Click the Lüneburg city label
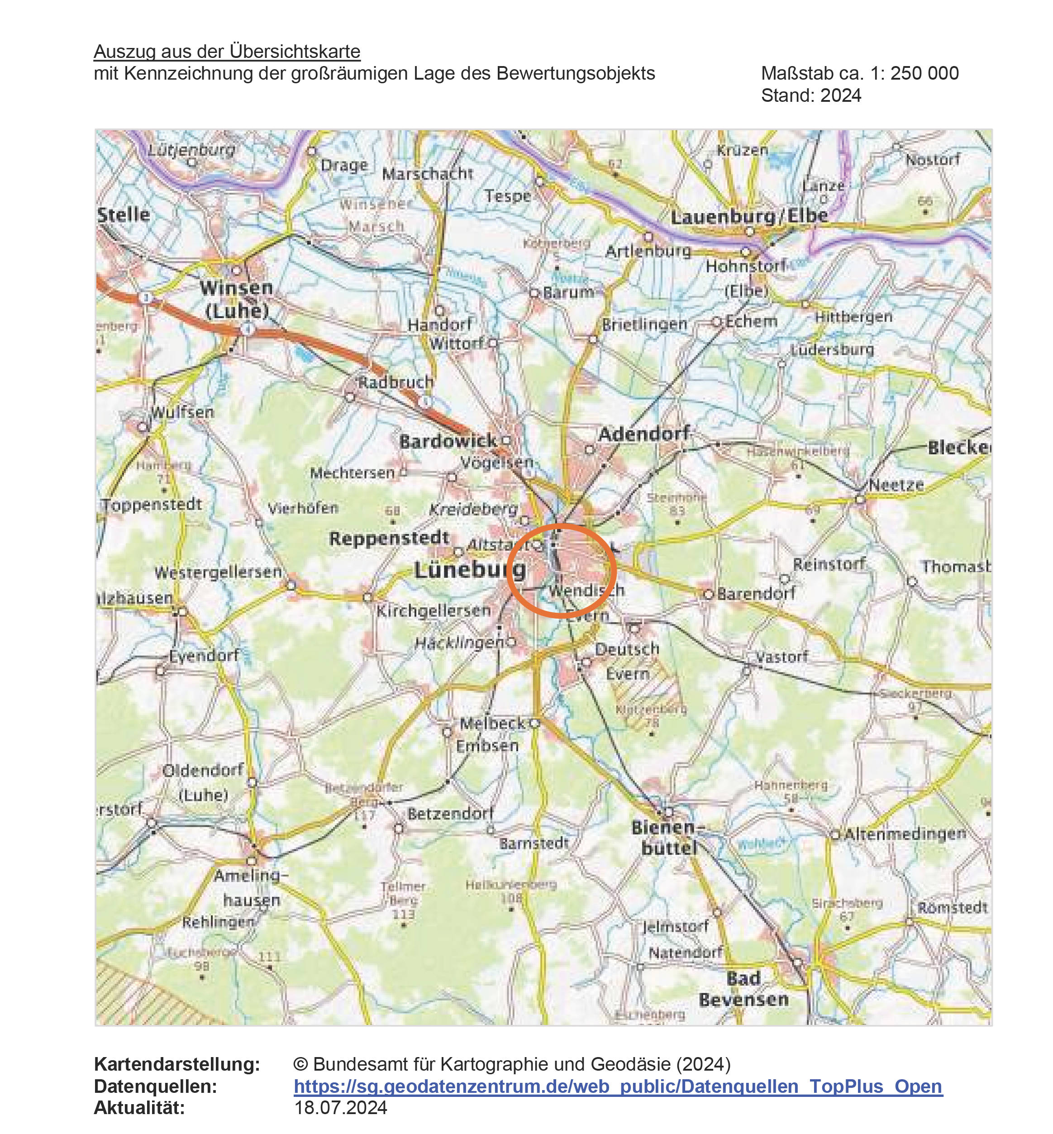pos(470,569)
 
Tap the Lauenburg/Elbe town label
pos(749,217)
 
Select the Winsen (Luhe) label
pos(236,299)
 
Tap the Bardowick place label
pos(448,441)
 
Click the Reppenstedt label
pos(389,538)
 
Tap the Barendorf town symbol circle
pos(708,594)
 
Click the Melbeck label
pos(492,723)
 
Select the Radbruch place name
pos(395,382)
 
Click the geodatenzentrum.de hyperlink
pos(618,1086)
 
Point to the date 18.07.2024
pos(340,1107)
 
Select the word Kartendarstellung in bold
pos(176,1064)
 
